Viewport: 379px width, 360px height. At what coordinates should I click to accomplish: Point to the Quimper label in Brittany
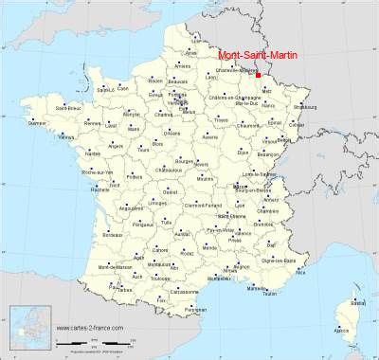coord(38,123)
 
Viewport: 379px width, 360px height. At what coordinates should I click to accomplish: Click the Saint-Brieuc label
coord(68,108)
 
